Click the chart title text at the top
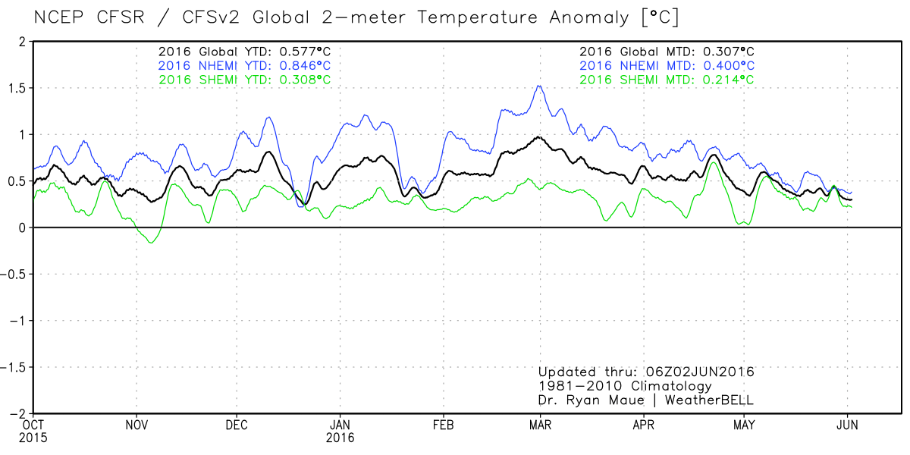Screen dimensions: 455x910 coord(346,16)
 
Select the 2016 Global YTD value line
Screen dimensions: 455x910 coord(244,52)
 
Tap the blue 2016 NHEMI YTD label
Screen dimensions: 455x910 coord(244,65)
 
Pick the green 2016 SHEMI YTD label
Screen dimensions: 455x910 coord(244,79)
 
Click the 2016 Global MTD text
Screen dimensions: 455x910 coord(667,52)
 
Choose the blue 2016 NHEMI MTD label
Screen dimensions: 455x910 coord(667,65)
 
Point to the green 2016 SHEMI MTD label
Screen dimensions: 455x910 coord(667,79)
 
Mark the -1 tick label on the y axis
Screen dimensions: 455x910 coord(17,321)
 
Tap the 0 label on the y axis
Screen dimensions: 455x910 coord(24,227)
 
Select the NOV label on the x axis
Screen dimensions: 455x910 coord(136,425)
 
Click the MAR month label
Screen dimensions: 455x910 coord(540,425)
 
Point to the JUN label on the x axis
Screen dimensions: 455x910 coord(847,425)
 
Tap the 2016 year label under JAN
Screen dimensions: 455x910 coord(340,438)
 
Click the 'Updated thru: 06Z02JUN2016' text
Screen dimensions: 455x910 coord(646,372)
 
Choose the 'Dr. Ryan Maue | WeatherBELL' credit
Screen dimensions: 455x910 coord(646,400)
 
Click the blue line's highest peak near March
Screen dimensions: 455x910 coord(539,86)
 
